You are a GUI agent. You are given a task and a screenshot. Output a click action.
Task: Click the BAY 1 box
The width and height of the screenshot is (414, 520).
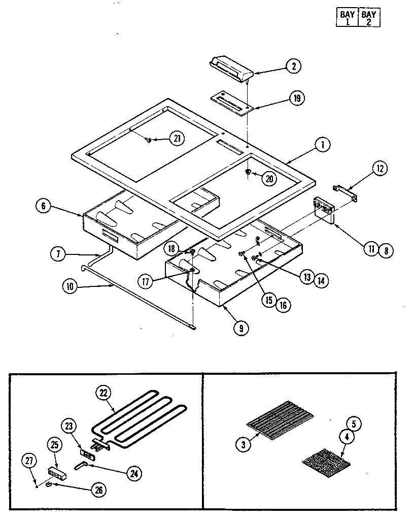click(x=348, y=18)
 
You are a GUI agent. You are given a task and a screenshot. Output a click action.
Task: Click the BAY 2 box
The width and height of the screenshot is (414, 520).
click(x=369, y=18)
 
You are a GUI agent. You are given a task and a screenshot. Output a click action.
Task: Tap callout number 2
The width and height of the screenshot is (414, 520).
click(x=293, y=66)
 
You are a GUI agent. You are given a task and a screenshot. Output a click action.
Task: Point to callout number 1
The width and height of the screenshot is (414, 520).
click(x=322, y=145)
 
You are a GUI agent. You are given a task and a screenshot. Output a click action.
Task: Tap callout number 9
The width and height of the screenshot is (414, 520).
click(x=240, y=328)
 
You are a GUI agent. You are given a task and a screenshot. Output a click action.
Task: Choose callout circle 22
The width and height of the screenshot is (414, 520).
click(x=103, y=393)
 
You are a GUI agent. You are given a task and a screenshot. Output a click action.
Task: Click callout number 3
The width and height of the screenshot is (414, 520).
click(x=244, y=445)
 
